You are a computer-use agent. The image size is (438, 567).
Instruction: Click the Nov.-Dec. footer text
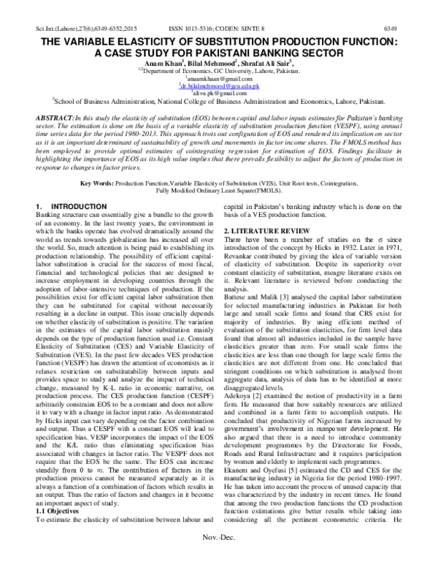[x=220, y=556]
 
